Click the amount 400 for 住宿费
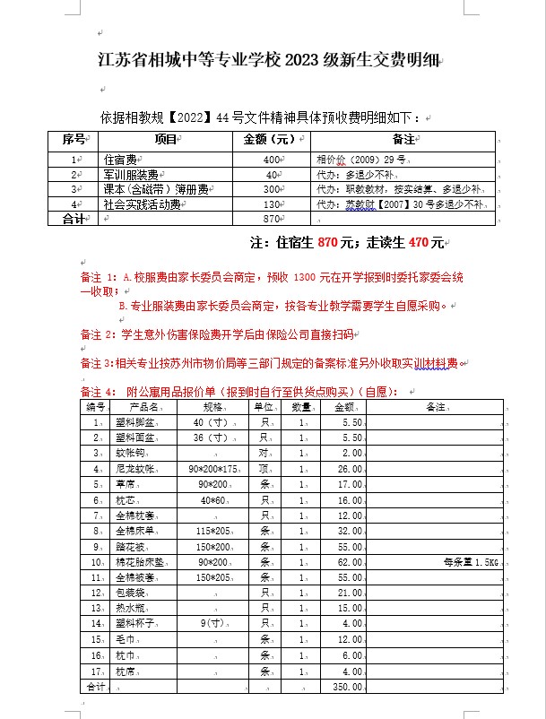(273, 159)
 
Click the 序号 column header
(74, 140)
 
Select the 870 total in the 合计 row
(273, 219)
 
